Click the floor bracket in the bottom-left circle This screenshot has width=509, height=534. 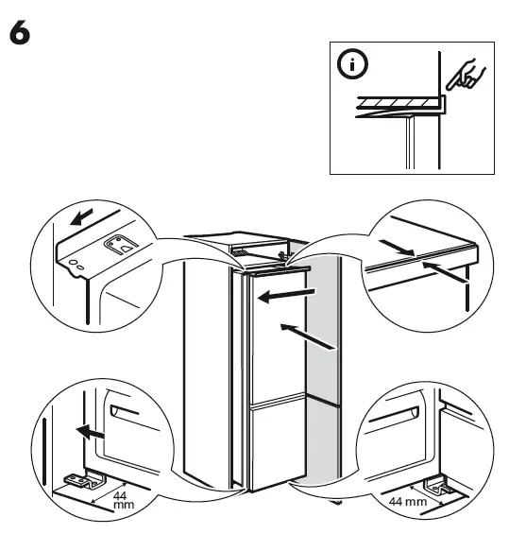click(x=76, y=482)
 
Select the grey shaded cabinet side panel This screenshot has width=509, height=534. click(x=323, y=378)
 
